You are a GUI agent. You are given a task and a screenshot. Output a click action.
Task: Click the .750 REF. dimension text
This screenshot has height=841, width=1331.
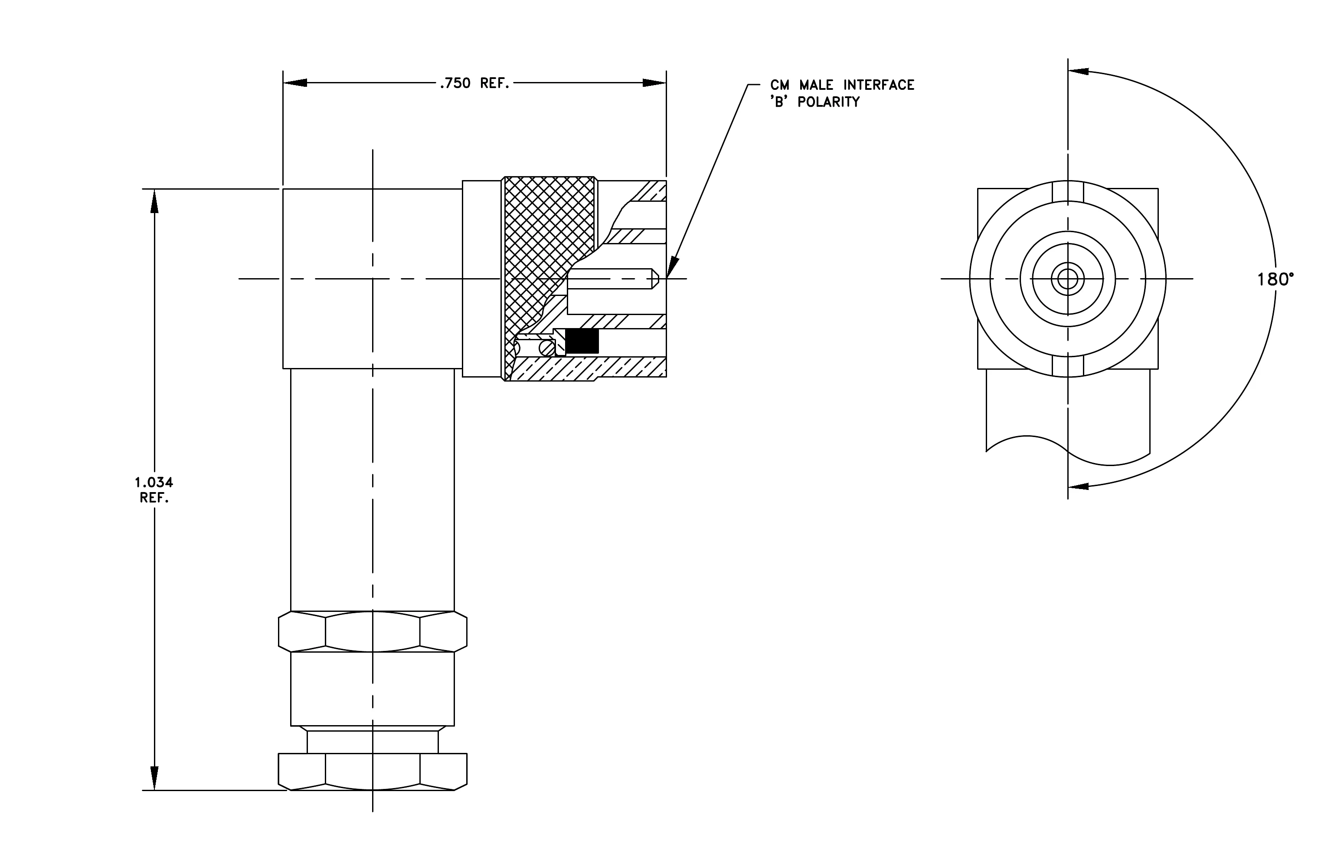474,83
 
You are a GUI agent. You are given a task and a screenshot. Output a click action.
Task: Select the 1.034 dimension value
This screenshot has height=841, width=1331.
154,482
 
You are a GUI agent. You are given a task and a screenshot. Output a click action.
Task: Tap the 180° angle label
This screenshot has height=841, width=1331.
1275,280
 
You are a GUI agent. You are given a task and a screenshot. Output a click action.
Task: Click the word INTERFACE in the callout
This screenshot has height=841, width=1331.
878,85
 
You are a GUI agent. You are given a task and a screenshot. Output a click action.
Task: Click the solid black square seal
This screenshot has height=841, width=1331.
582,342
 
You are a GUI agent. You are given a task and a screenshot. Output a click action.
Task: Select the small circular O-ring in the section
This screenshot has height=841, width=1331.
547,348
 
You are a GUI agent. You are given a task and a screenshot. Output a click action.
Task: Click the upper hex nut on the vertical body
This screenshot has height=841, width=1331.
373,631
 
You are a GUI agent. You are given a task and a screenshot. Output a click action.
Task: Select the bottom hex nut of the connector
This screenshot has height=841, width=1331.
373,772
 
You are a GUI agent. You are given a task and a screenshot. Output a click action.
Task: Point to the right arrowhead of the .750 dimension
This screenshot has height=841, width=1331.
654,83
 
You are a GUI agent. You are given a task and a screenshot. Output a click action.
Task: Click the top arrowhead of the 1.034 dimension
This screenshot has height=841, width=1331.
154,201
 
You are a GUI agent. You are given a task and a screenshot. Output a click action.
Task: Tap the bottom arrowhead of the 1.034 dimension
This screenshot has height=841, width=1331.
154,779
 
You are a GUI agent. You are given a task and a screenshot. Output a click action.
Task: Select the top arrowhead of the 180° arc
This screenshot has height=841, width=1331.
1079,71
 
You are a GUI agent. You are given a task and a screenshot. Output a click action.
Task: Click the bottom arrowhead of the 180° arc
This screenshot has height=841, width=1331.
1079,486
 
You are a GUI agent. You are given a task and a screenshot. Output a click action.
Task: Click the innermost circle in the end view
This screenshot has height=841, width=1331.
1068,279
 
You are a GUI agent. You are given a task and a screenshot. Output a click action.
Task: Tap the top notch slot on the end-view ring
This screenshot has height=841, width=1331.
1068,191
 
